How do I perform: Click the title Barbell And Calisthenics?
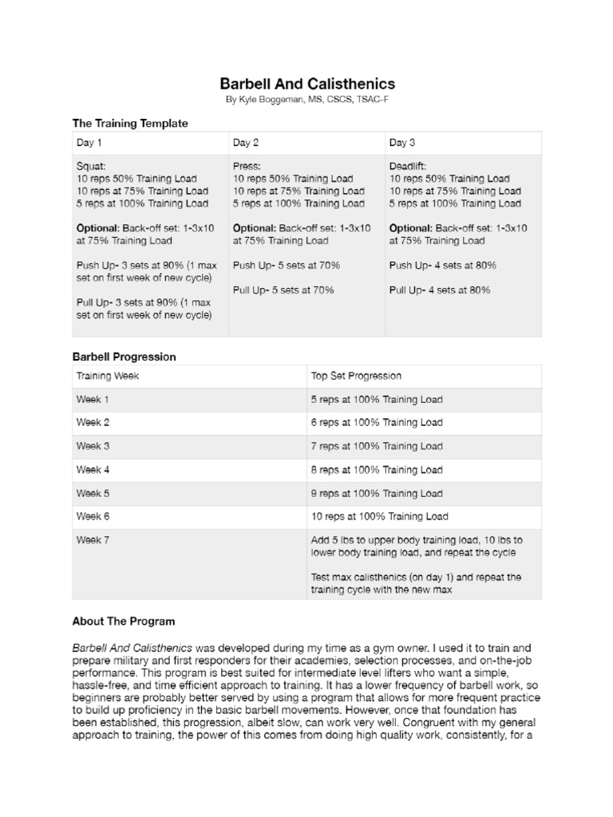click(x=306, y=84)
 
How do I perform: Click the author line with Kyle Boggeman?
click(x=306, y=100)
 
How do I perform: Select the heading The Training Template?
click(x=130, y=124)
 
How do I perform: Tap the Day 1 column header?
click(x=89, y=144)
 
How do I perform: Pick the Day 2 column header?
click(x=246, y=144)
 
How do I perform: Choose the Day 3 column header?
click(x=402, y=144)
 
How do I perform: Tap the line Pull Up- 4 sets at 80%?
click(x=440, y=290)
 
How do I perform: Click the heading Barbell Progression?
click(x=124, y=357)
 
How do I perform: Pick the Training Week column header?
click(x=108, y=376)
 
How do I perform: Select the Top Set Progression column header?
click(x=356, y=376)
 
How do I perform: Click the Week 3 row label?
click(x=93, y=446)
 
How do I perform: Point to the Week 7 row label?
click(x=93, y=540)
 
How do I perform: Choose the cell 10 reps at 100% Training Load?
click(x=379, y=516)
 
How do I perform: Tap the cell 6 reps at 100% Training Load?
click(x=376, y=423)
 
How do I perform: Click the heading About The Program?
click(x=123, y=621)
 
